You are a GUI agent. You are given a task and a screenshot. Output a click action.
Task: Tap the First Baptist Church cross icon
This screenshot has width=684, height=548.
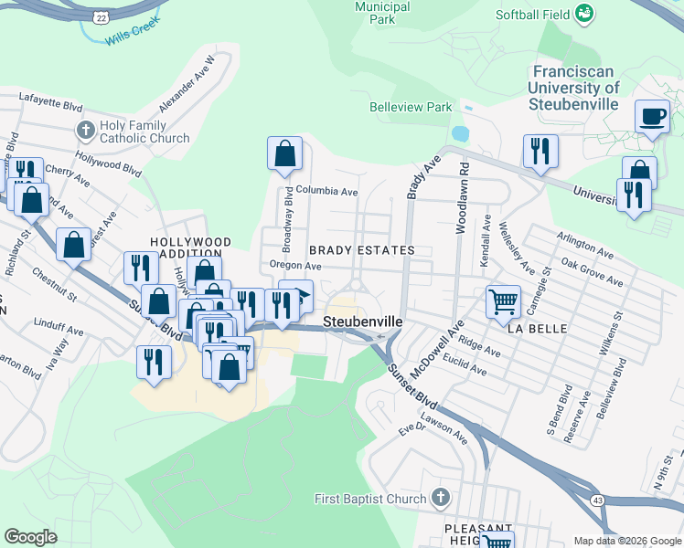coord(441,498)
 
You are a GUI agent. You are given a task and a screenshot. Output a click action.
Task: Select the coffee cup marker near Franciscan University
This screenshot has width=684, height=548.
coord(652,117)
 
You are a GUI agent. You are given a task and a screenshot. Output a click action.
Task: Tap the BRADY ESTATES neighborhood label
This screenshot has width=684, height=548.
coord(361,249)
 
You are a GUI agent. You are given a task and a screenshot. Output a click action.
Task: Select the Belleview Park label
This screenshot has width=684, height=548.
coord(411,107)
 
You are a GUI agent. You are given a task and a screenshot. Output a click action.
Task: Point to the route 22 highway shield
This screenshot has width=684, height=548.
coord(101,16)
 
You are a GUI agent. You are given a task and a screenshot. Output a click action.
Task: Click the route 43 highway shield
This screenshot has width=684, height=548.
coord(598,501)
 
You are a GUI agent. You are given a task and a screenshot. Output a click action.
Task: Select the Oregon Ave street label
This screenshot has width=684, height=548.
coord(295,266)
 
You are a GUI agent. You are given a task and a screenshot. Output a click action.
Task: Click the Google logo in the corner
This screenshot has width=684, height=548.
coord(31,537)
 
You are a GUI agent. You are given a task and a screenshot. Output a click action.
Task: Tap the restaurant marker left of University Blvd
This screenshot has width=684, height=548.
coord(540,151)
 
